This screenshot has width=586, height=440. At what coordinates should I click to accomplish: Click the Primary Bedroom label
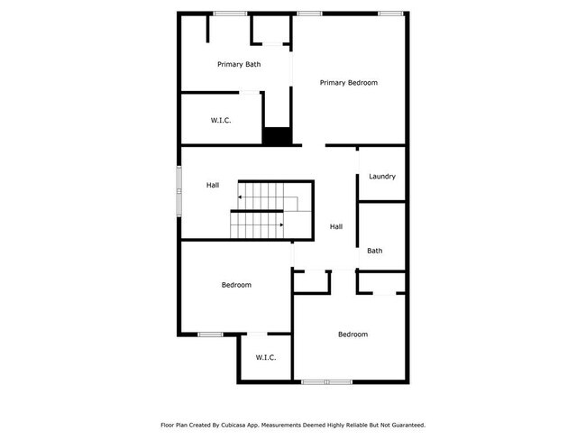[349, 82]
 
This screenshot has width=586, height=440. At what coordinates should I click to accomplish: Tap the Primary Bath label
[239, 64]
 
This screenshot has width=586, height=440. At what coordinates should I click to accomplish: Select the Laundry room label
[382, 177]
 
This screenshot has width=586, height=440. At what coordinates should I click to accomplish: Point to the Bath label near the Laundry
[375, 251]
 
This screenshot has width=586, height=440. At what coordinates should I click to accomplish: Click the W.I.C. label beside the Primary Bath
[222, 120]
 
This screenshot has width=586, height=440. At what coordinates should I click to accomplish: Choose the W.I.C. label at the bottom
[265, 358]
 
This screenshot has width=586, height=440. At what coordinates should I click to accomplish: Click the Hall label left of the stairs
[213, 185]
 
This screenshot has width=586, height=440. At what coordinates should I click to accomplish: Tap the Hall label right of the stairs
[336, 226]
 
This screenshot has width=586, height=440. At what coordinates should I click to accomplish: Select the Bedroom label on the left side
[236, 285]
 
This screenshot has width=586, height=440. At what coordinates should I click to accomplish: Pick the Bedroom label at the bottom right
[353, 335]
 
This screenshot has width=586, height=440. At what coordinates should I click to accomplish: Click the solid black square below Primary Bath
[278, 136]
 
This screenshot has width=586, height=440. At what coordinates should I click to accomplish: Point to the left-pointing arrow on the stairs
[241, 196]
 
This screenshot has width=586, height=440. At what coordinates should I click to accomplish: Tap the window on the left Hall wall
[179, 190]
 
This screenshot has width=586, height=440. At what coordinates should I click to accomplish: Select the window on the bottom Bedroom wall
[326, 382]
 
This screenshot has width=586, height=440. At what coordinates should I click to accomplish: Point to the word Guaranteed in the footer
[407, 424]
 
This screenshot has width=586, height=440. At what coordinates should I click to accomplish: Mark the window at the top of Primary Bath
[230, 13]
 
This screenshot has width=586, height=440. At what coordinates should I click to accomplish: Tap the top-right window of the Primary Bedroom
[389, 13]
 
